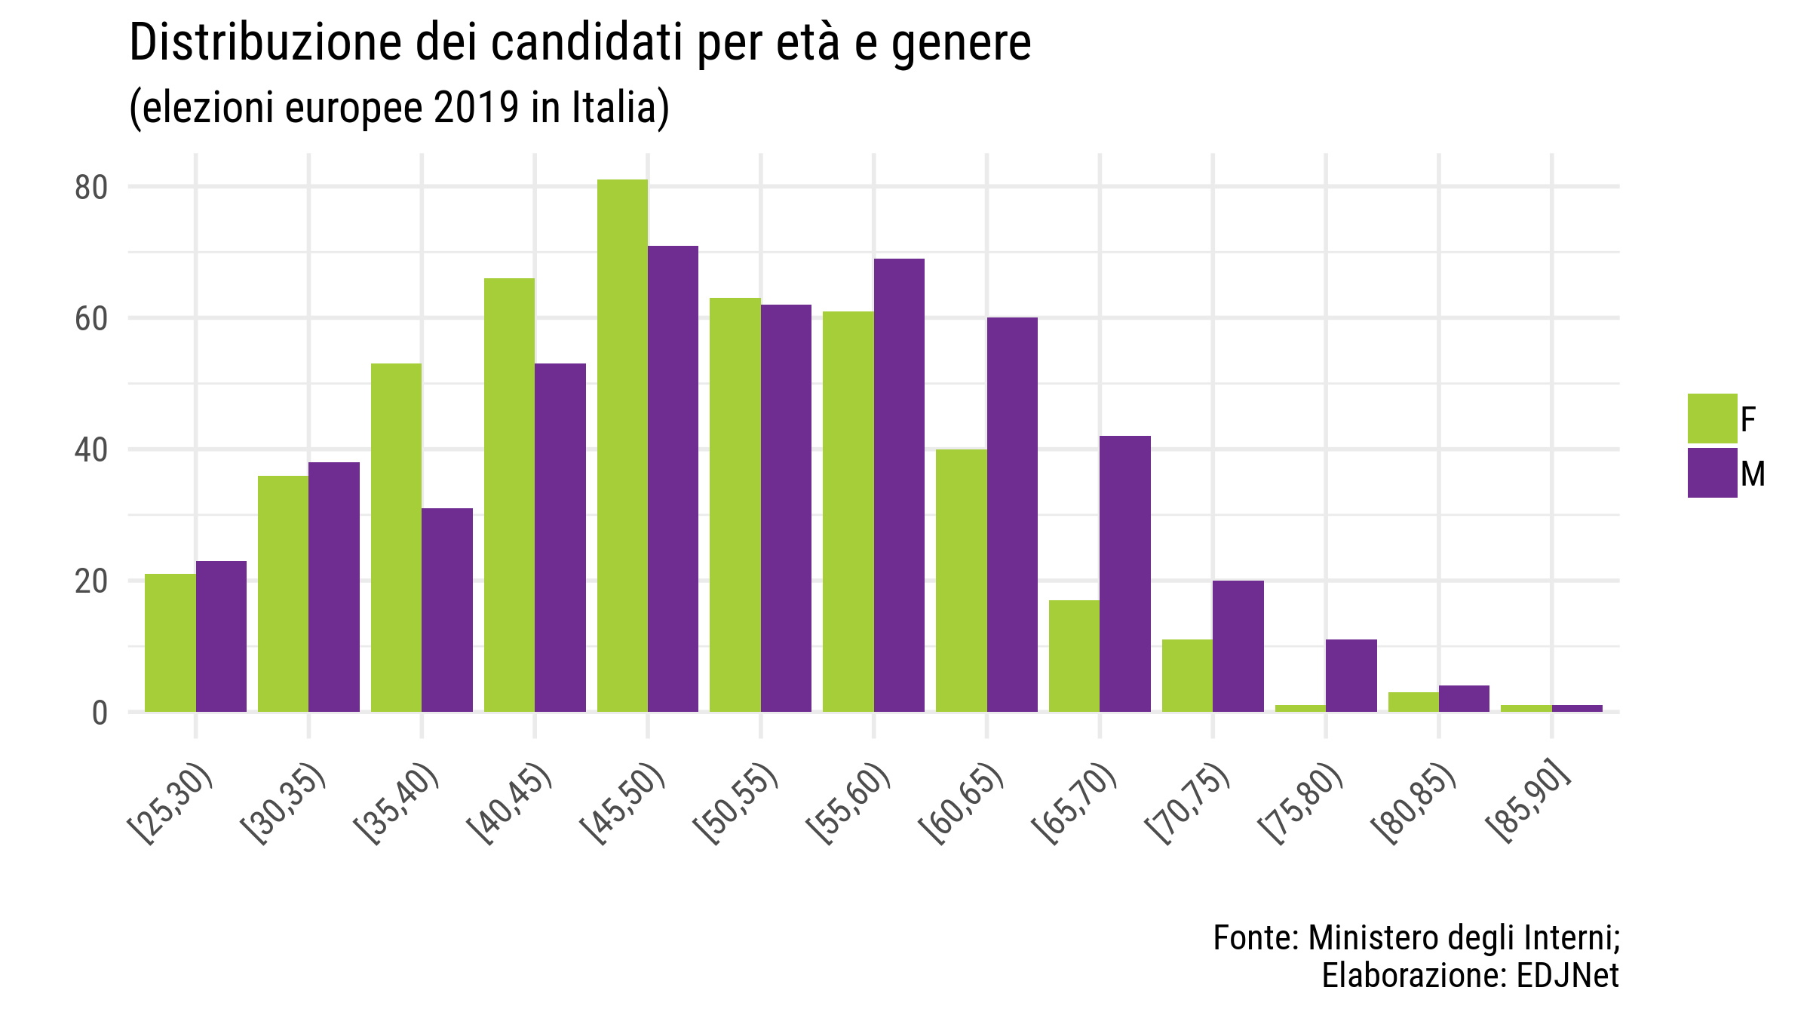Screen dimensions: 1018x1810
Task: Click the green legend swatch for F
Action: [x=1712, y=419]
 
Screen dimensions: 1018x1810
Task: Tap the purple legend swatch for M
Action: [x=1712, y=473]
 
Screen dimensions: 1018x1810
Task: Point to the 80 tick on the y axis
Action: [x=91, y=187]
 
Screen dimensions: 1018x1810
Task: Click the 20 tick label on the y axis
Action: [x=91, y=581]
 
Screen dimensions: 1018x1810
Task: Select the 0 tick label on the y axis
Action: [x=100, y=713]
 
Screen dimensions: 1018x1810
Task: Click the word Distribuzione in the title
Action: [x=265, y=43]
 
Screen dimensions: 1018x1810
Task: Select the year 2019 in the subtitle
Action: [x=476, y=108]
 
